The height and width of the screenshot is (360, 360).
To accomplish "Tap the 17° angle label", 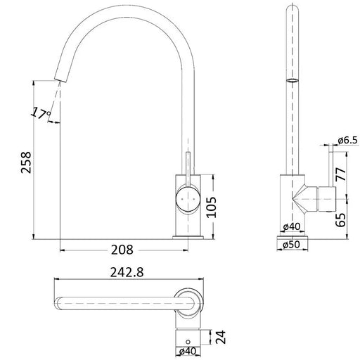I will [40, 112].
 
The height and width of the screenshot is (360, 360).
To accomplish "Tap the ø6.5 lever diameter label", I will [347, 141].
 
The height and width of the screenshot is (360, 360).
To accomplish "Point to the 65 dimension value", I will [342, 219].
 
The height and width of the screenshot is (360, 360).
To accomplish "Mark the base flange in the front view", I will [188, 236].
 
